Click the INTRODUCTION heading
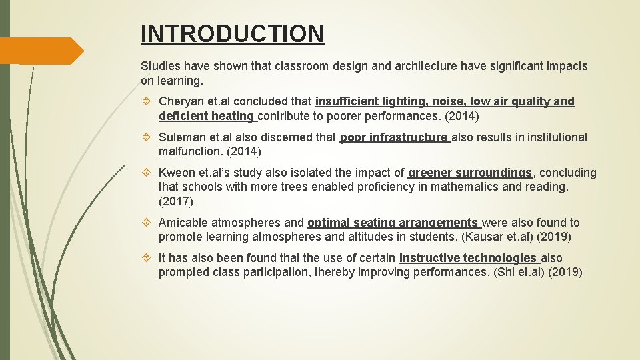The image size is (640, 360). [x=233, y=33]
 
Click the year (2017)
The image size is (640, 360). [x=175, y=201]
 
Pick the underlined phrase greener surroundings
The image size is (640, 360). [x=470, y=173]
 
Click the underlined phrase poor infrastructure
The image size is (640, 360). [x=394, y=137]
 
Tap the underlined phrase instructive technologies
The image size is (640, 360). [x=468, y=258]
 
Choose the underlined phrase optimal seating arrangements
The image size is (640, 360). [x=393, y=223]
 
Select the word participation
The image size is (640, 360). [x=319, y=272]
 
